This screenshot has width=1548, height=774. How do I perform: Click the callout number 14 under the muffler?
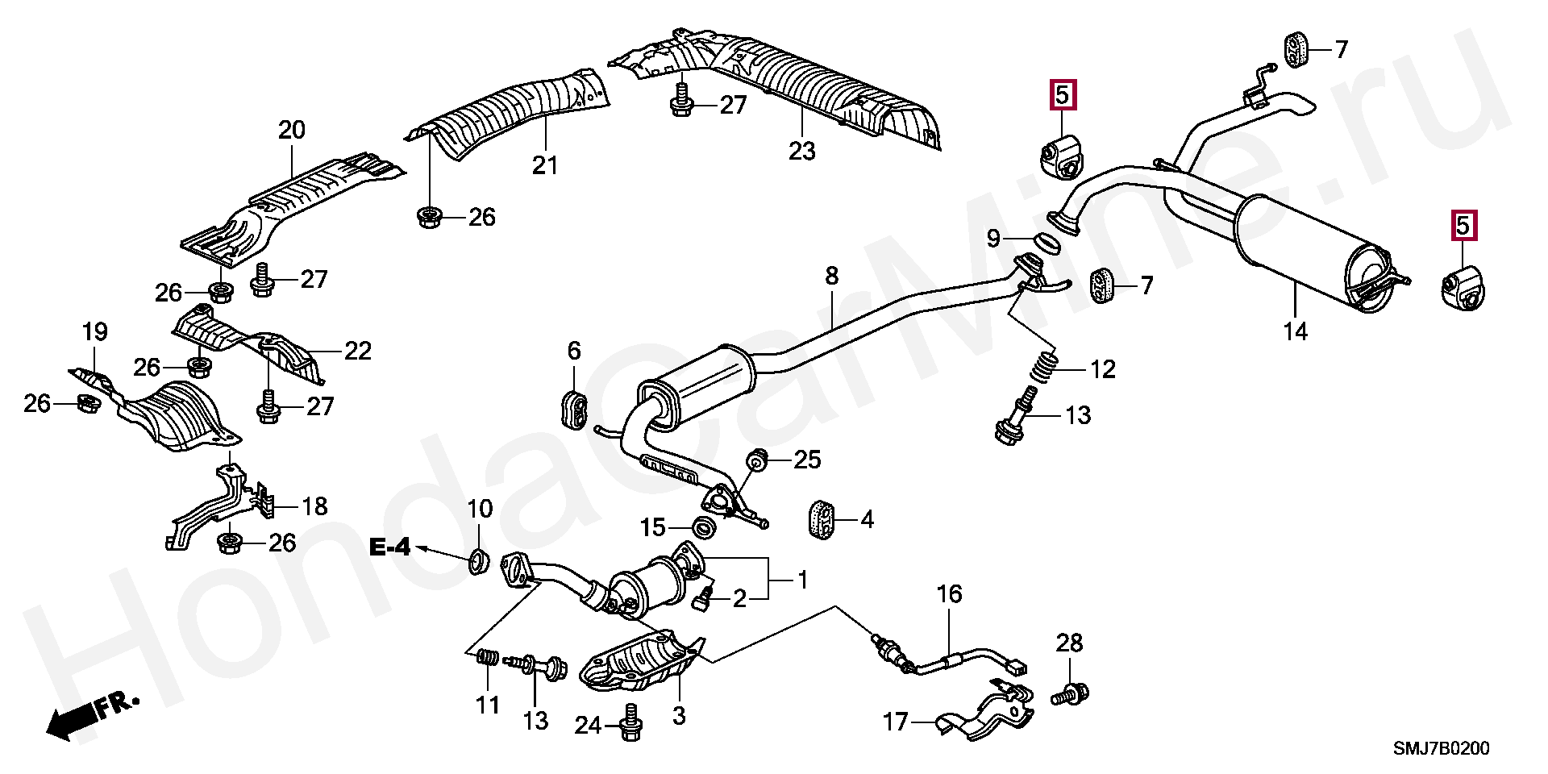tap(1295, 331)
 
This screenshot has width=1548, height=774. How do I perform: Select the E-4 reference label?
tap(390, 548)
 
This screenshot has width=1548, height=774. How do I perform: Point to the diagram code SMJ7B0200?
tap(1442, 749)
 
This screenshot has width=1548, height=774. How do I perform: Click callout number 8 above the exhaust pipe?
tap(831, 277)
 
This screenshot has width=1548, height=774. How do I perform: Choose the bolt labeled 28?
tap(1071, 693)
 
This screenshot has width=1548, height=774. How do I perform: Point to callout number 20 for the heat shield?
tap(292, 130)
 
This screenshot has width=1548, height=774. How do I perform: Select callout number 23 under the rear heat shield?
tap(802, 151)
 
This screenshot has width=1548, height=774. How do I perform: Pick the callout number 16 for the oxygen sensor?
tap(949, 594)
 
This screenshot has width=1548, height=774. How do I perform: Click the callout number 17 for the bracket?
tap(895, 722)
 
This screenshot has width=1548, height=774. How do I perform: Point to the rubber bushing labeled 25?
tap(758, 460)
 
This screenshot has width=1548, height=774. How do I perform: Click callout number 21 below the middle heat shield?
tap(545, 165)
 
